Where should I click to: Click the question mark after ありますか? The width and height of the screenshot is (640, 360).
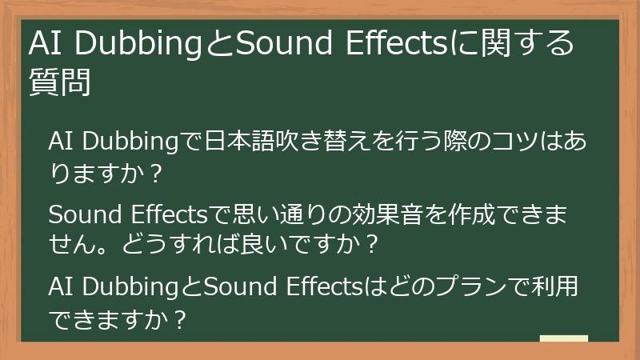pyautogui.click(x=157, y=172)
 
